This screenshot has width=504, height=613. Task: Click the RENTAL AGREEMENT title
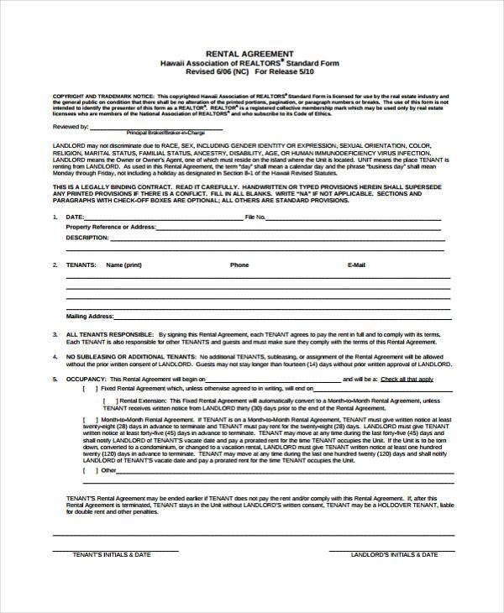click(x=251, y=51)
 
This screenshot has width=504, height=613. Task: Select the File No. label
click(x=255, y=217)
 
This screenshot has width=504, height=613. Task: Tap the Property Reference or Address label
click(x=111, y=227)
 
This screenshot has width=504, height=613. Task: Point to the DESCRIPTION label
click(x=87, y=238)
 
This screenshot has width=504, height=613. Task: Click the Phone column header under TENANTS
click(x=239, y=265)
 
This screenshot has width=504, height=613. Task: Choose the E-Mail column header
click(x=356, y=265)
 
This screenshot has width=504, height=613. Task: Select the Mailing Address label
click(x=90, y=317)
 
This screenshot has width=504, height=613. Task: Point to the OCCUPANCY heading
click(x=85, y=379)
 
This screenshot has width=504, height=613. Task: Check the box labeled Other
click(x=87, y=471)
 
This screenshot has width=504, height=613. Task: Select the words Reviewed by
click(x=71, y=127)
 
